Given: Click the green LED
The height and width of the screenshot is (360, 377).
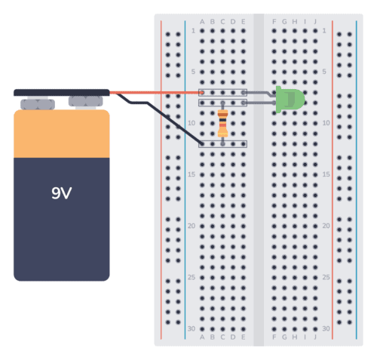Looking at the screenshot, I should click(x=290, y=100).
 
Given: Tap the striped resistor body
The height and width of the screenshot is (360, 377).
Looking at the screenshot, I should click(x=222, y=124).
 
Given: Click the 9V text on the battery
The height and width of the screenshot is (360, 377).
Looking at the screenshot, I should click(x=61, y=193).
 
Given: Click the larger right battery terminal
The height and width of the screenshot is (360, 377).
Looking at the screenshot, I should click(x=83, y=101).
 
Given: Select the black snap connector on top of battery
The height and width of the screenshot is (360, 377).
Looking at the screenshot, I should click(x=62, y=93).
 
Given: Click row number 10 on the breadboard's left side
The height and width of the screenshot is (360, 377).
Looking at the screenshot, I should click(x=193, y=123).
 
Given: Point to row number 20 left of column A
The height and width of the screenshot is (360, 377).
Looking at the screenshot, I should click(x=193, y=226).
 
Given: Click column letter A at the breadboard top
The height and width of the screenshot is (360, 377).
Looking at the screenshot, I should click(x=202, y=22).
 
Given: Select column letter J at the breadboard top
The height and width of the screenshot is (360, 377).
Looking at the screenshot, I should click(x=315, y=22).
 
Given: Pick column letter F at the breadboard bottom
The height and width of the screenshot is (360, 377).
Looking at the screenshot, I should click(x=274, y=337).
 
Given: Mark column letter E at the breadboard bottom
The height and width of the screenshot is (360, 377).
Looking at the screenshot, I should click(x=243, y=337).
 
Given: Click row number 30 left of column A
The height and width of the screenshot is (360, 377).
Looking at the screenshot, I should click(x=193, y=328).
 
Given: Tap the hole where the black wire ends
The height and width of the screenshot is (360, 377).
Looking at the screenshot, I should click(x=202, y=143).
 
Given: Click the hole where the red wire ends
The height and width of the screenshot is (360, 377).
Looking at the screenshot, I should click(x=202, y=93).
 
